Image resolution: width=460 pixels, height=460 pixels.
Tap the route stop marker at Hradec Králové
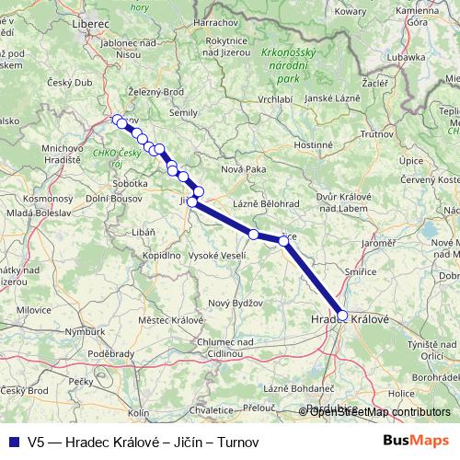[343, 316]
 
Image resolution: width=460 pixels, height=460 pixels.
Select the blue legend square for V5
[13, 442]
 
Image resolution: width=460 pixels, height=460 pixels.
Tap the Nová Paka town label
[243, 169]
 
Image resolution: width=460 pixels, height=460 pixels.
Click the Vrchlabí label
[275, 98]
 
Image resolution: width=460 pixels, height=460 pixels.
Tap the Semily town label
[184, 112]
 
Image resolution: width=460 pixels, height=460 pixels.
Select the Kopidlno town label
[161, 254]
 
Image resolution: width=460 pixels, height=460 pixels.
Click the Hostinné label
[312, 144]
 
